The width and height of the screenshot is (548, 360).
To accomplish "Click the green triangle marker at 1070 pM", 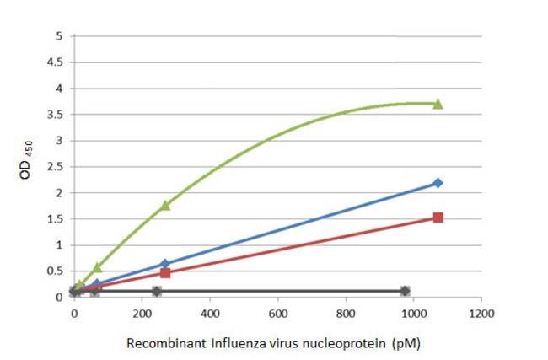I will click(438, 104).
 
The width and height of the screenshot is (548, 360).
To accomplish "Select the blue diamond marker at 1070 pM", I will click(438, 183).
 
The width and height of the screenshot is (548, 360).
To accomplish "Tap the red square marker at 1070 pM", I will click(438, 218).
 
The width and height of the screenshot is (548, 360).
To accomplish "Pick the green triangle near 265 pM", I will click(165, 205).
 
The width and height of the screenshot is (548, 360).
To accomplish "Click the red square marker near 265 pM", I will click(165, 272).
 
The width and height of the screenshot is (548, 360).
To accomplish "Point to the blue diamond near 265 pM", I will click(165, 264).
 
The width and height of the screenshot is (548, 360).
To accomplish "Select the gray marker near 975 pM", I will click(406, 291).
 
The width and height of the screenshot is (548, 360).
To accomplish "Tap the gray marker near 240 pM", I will click(156, 291).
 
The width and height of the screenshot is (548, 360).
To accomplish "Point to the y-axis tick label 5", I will click(58, 36).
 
